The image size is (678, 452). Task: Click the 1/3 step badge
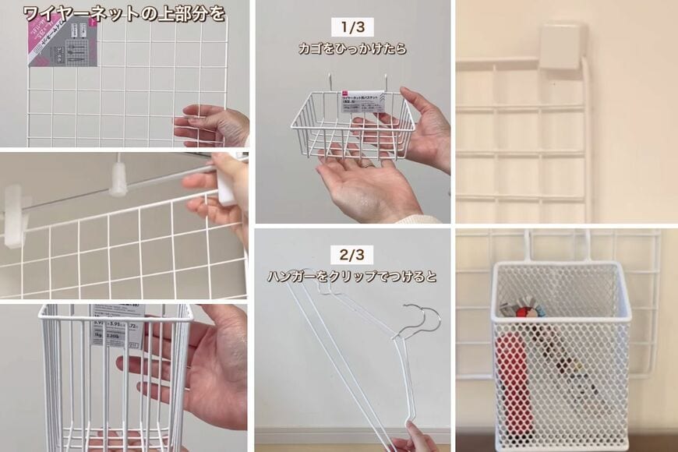coord(352,27)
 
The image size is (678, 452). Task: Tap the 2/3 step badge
coord(352,254)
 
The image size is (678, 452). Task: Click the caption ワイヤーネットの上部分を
coord(124,12)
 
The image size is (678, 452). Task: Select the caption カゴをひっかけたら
coord(352,49)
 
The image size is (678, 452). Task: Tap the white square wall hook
coord(561,46)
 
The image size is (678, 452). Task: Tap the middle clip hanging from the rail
coord(118,178)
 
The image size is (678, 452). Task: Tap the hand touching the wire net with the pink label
coord(212,125)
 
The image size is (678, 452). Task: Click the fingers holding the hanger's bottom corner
coord(417,443)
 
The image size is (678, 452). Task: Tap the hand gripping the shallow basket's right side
coord(429,125)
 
